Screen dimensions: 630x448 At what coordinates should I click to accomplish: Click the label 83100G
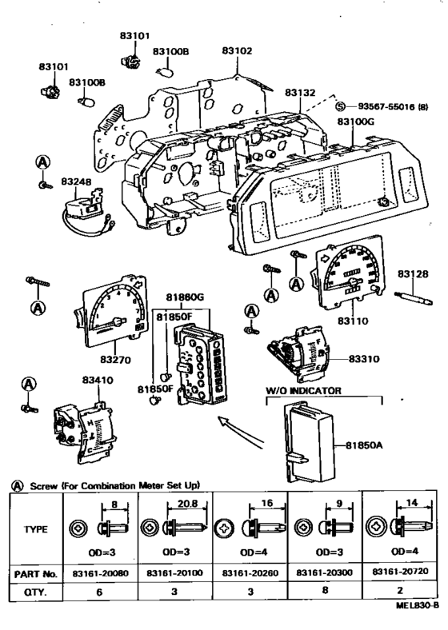point(355,122)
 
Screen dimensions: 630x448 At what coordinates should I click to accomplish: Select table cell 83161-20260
point(250,574)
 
